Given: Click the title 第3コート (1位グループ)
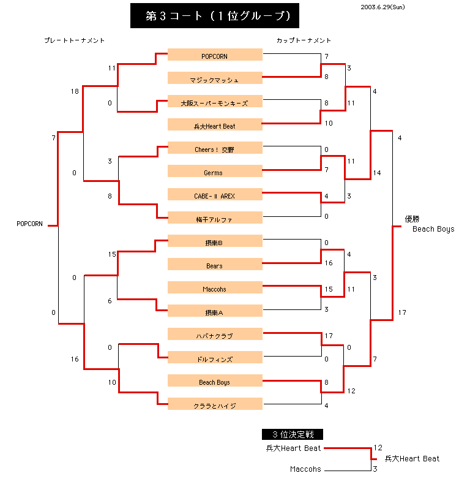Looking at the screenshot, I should pos(215,16).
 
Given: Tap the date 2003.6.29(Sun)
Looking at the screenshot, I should pos(382,7).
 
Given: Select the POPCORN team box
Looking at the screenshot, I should pos(215,56).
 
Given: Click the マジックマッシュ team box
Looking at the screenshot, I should pos(215,79).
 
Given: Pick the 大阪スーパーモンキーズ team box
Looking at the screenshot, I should pos(215,102).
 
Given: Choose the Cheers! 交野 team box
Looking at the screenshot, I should pos(215,149).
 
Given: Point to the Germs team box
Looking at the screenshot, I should pos(215,172).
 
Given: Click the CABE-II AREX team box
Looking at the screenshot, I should pos(215,195).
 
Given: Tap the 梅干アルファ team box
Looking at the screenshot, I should pos(215,219).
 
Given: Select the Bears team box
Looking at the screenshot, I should pos(215,265).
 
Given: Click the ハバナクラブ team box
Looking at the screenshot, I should pos(215,335).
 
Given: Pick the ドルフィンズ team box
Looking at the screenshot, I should pos(215,358).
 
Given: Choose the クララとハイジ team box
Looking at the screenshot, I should pos(215,405).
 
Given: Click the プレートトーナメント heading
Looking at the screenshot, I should pos(75,40).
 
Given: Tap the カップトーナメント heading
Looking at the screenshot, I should pos(304,40).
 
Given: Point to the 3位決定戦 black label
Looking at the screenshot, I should pos(293,434).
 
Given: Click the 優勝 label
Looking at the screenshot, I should pos(412,219).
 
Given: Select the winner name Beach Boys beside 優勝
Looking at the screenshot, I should pos(433,229).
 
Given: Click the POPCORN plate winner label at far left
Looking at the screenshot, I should pos(29,224).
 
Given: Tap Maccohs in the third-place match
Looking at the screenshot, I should pos(305,469).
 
